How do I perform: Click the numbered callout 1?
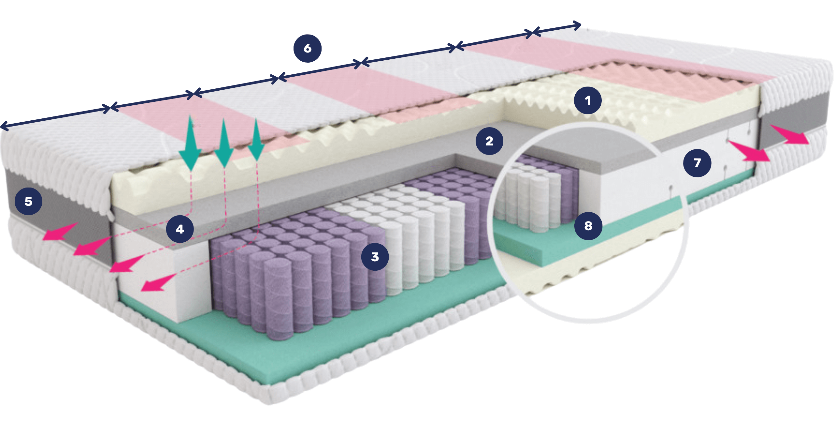[x=588, y=100]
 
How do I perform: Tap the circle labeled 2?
[x=489, y=141]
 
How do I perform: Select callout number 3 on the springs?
[x=375, y=257]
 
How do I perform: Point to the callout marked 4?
[x=180, y=229]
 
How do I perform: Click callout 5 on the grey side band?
[x=28, y=201]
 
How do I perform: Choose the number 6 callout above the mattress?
[x=307, y=48]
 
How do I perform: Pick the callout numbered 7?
[x=697, y=163]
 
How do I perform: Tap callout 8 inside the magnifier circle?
[x=588, y=226]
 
